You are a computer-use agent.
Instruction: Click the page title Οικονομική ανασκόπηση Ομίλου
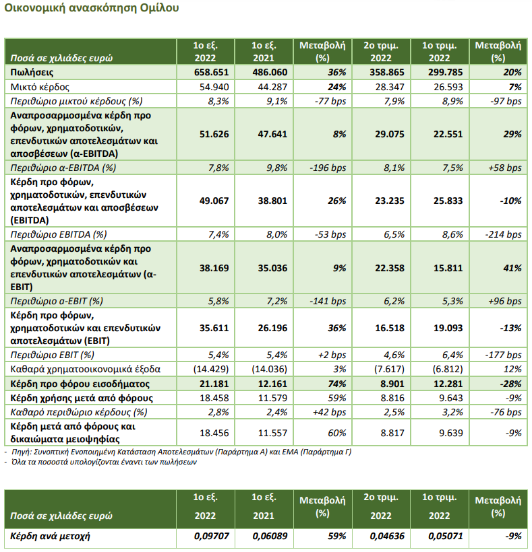tap(91, 8)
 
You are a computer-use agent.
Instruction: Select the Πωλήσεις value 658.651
tap(211, 72)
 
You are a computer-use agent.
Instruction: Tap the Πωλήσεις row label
tap(32, 73)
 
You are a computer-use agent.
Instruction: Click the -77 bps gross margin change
tap(330, 101)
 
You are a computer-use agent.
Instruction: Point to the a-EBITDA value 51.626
tap(214, 134)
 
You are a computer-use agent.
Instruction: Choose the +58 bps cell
tap(505, 168)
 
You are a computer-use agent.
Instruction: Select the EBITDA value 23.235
tap(390, 201)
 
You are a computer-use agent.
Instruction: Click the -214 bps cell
tap(506, 234)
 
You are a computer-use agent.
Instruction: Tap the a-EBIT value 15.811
tap(448, 268)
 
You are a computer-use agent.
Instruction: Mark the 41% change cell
tap(512, 268)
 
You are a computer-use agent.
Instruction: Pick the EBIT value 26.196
tap(272, 328)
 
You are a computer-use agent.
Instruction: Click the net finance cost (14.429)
tap(211, 369)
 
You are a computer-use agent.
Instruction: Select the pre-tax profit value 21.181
tap(214, 384)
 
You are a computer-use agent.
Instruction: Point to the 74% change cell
tap(336, 384)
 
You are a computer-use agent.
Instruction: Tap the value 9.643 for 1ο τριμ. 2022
tap(451, 398)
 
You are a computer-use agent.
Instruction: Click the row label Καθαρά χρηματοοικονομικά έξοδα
tap(86, 369)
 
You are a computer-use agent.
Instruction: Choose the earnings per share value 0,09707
tap(211, 536)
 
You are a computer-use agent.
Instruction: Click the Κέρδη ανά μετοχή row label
tap(50, 536)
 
